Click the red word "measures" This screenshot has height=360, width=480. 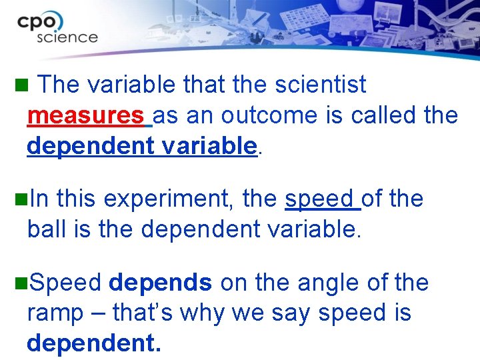pos(86,116)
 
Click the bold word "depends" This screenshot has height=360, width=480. pos(160,283)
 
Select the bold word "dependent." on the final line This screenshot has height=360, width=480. pos(93,343)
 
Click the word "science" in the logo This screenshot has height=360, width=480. pos(67,37)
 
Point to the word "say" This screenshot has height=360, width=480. pos(291,313)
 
